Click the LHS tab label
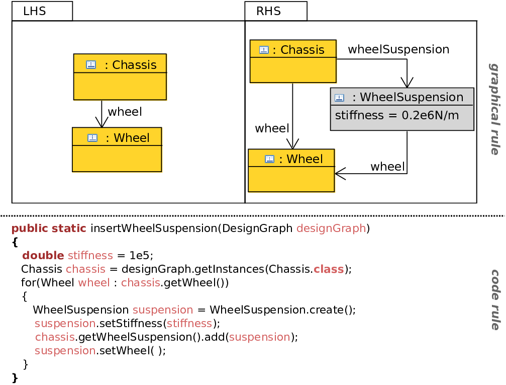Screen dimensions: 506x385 click(35, 11)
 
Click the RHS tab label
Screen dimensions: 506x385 click(268, 11)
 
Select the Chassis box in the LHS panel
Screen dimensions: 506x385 click(120, 77)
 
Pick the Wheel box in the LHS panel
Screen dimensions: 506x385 click(117, 149)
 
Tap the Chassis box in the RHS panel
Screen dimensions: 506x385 click(293, 61)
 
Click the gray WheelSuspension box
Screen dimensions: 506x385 click(402, 109)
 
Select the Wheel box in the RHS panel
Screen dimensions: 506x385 click(291, 171)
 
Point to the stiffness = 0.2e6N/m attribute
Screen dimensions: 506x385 click(397, 115)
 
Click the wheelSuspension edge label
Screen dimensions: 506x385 click(398, 49)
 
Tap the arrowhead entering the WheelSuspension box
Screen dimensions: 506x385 click(407, 83)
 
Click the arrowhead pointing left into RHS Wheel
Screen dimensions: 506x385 click(340, 174)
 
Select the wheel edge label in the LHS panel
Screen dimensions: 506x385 click(125, 112)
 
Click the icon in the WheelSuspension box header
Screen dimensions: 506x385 click(339, 98)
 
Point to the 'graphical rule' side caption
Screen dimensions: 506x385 click(494, 109)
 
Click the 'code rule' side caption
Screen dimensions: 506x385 click(495, 300)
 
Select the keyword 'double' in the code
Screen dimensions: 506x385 click(43, 255)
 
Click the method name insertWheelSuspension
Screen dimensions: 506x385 click(154, 228)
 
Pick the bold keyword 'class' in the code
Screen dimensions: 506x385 click(329, 269)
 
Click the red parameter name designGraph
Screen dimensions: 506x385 click(332, 228)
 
